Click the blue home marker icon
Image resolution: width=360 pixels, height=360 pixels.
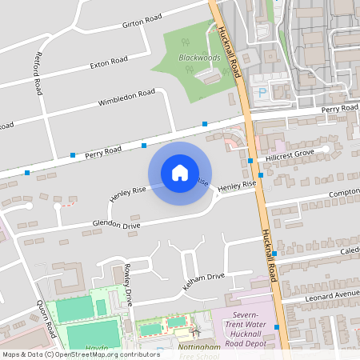[179, 172]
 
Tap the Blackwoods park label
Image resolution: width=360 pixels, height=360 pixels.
[199, 58]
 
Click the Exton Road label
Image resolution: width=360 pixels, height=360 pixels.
[109, 62]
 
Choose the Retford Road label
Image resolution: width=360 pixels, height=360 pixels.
[37, 74]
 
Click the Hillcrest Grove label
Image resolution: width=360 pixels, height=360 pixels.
[291, 152]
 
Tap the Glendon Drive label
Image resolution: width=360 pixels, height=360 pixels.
[116, 225]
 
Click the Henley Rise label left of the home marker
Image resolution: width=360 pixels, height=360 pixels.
[127, 193]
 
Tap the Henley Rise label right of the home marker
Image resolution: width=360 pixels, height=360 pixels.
[237, 186]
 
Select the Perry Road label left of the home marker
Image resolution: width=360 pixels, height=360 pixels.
[102, 150]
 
